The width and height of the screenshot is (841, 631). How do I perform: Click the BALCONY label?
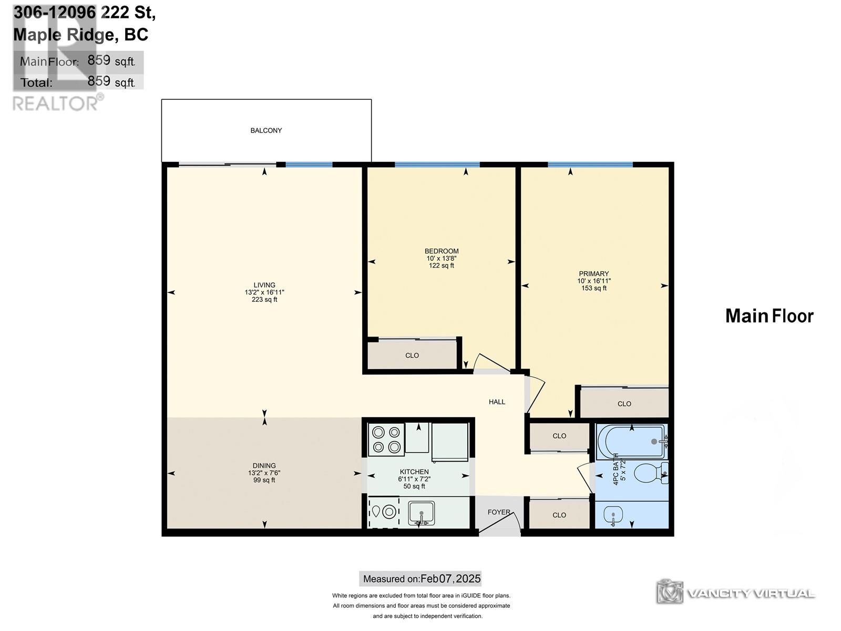266,130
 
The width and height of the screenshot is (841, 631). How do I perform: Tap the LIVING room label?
264,285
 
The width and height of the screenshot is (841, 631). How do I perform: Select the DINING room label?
264,466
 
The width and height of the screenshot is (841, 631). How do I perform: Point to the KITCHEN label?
414,472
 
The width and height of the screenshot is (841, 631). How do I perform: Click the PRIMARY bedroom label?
594,274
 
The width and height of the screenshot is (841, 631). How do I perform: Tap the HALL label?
497,402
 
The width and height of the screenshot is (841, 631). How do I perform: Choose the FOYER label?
499,512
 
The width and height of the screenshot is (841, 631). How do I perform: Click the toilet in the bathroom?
651,473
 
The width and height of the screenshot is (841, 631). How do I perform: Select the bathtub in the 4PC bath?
632,441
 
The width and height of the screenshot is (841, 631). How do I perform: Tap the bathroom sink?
613,515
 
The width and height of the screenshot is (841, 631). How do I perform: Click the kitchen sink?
421,513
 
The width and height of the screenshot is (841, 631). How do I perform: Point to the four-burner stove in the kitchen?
386,440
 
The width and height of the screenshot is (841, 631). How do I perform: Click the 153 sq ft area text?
594,288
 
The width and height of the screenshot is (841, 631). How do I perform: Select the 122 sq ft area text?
442,266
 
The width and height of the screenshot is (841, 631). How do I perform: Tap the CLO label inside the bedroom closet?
412,355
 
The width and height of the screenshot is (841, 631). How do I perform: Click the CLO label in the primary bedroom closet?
624,404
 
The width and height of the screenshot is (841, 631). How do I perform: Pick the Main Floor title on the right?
770,317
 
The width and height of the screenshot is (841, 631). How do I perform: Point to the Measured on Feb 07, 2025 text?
422,578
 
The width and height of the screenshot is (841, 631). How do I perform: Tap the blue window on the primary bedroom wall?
590,165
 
